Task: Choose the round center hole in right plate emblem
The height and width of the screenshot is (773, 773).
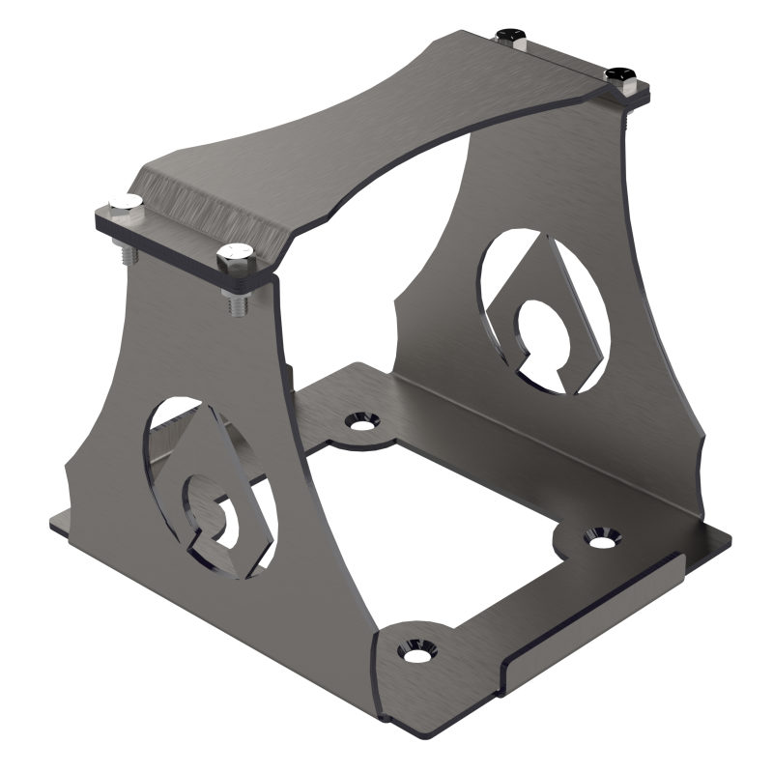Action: coord(534,323)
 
